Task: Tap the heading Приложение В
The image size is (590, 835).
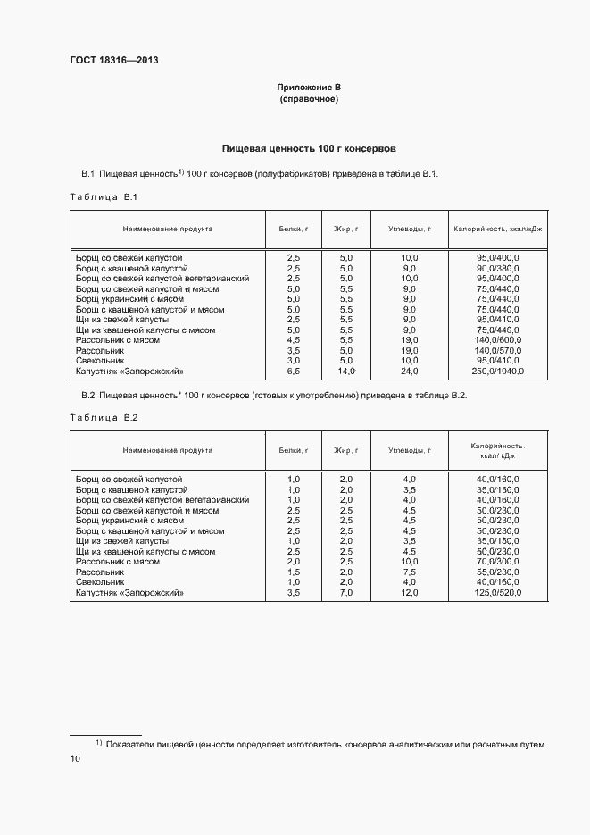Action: pyautogui.click(x=309, y=88)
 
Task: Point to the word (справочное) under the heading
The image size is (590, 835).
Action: pyautogui.click(x=309, y=99)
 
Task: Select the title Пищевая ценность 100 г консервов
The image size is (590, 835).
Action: pyautogui.click(x=309, y=148)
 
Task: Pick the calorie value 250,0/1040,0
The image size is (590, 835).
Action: pyautogui.click(x=498, y=371)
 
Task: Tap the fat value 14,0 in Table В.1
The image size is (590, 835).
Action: pyautogui.click(x=346, y=371)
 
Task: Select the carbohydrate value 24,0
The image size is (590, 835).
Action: pyautogui.click(x=410, y=371)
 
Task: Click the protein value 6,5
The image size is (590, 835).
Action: pyautogui.click(x=294, y=371)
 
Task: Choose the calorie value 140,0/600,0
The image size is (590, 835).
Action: pyautogui.click(x=498, y=340)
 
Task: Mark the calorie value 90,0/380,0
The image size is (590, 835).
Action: pyautogui.click(x=498, y=268)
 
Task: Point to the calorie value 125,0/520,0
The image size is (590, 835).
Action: pyautogui.click(x=498, y=592)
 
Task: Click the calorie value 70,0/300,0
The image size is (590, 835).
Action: pyautogui.click(x=498, y=562)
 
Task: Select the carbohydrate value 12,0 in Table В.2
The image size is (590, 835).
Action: pyautogui.click(x=410, y=592)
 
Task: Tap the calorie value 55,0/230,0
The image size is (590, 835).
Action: pyautogui.click(x=498, y=572)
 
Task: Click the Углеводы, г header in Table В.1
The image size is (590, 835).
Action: pyautogui.click(x=410, y=229)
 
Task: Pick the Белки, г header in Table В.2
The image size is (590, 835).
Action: pyautogui.click(x=294, y=450)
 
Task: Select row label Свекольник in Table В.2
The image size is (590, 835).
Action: pyautogui.click(x=100, y=582)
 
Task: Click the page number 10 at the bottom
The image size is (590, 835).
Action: pyautogui.click(x=75, y=758)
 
